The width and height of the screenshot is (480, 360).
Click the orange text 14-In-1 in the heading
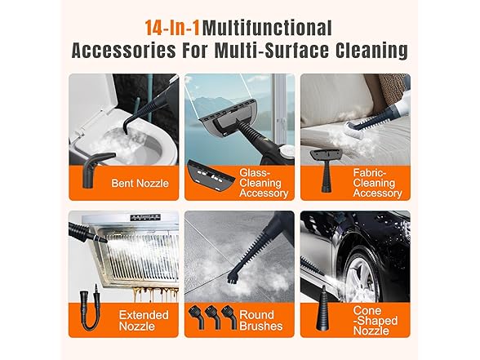click(172, 27)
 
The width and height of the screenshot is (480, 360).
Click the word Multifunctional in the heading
click(267, 27)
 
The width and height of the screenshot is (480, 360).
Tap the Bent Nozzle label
click(140, 183)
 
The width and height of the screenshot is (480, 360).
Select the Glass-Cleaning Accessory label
click(264, 183)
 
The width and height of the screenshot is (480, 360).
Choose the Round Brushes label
click(262, 320)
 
